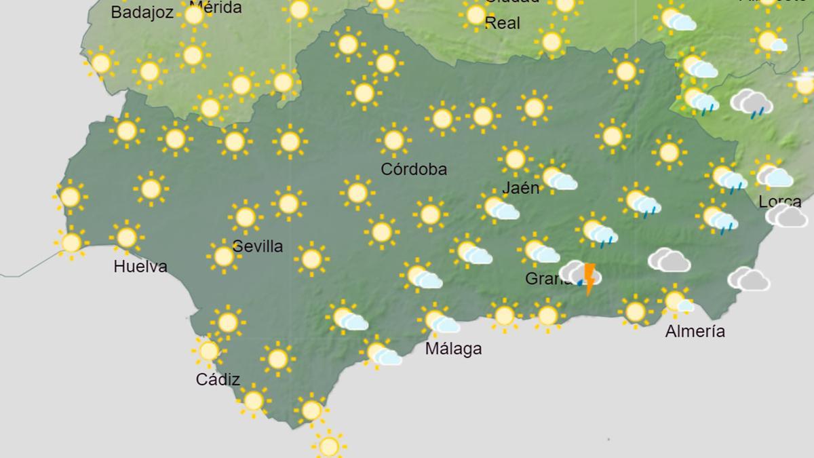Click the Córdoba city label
pyautogui.click(x=414, y=169)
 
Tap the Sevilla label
pyautogui.click(x=257, y=246)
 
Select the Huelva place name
pyautogui.click(x=140, y=267)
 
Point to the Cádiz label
pyautogui.click(x=218, y=379)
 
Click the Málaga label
pyautogui.click(x=453, y=349)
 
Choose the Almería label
pyautogui.click(x=695, y=331)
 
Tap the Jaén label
pyautogui.click(x=521, y=188)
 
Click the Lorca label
pyautogui.click(x=779, y=202)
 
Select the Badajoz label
pyautogui.click(x=142, y=12)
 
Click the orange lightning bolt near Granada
pyautogui.click(x=589, y=278)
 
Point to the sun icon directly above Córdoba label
pyautogui.click(x=394, y=140)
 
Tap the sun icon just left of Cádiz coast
pyautogui.click(x=208, y=350)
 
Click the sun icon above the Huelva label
pyautogui.click(x=127, y=237)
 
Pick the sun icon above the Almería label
pyautogui.click(x=676, y=301)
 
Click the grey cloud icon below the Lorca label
pyautogui.click(x=787, y=216)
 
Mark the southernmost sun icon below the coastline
pyautogui.click(x=329, y=446)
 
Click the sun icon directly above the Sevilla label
pyautogui.click(x=246, y=217)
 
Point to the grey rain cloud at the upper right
pyautogui.click(x=752, y=102)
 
